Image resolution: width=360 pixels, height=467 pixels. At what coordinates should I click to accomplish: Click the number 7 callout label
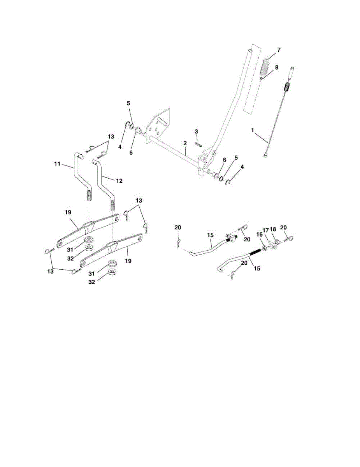coord(279,50)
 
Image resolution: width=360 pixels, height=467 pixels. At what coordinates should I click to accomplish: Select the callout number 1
coord(253,131)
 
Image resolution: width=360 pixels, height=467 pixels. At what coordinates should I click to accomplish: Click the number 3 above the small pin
coord(197,131)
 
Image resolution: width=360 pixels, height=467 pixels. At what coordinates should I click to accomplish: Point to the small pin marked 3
coord(198,142)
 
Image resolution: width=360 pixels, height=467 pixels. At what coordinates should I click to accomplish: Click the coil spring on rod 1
coord(287,88)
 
